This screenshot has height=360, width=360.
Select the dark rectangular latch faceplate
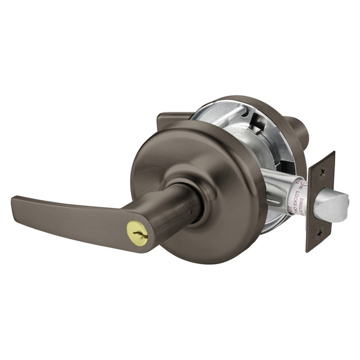[x=320, y=201]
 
